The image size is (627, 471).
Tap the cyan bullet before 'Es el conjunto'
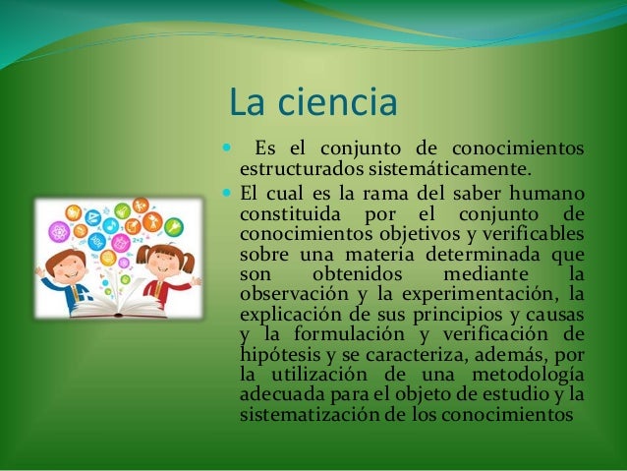click(x=228, y=149)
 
